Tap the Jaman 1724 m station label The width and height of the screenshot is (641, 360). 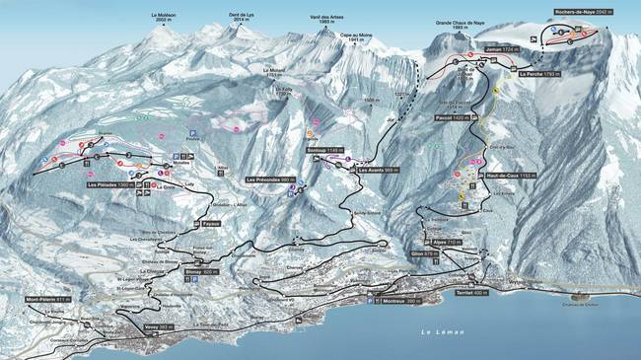tap(502, 47)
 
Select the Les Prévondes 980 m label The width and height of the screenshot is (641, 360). tap(275, 180)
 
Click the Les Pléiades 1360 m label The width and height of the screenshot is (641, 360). tap(109, 184)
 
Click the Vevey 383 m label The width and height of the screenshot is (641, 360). tap(158, 326)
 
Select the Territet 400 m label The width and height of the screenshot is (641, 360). tap(471, 293)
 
